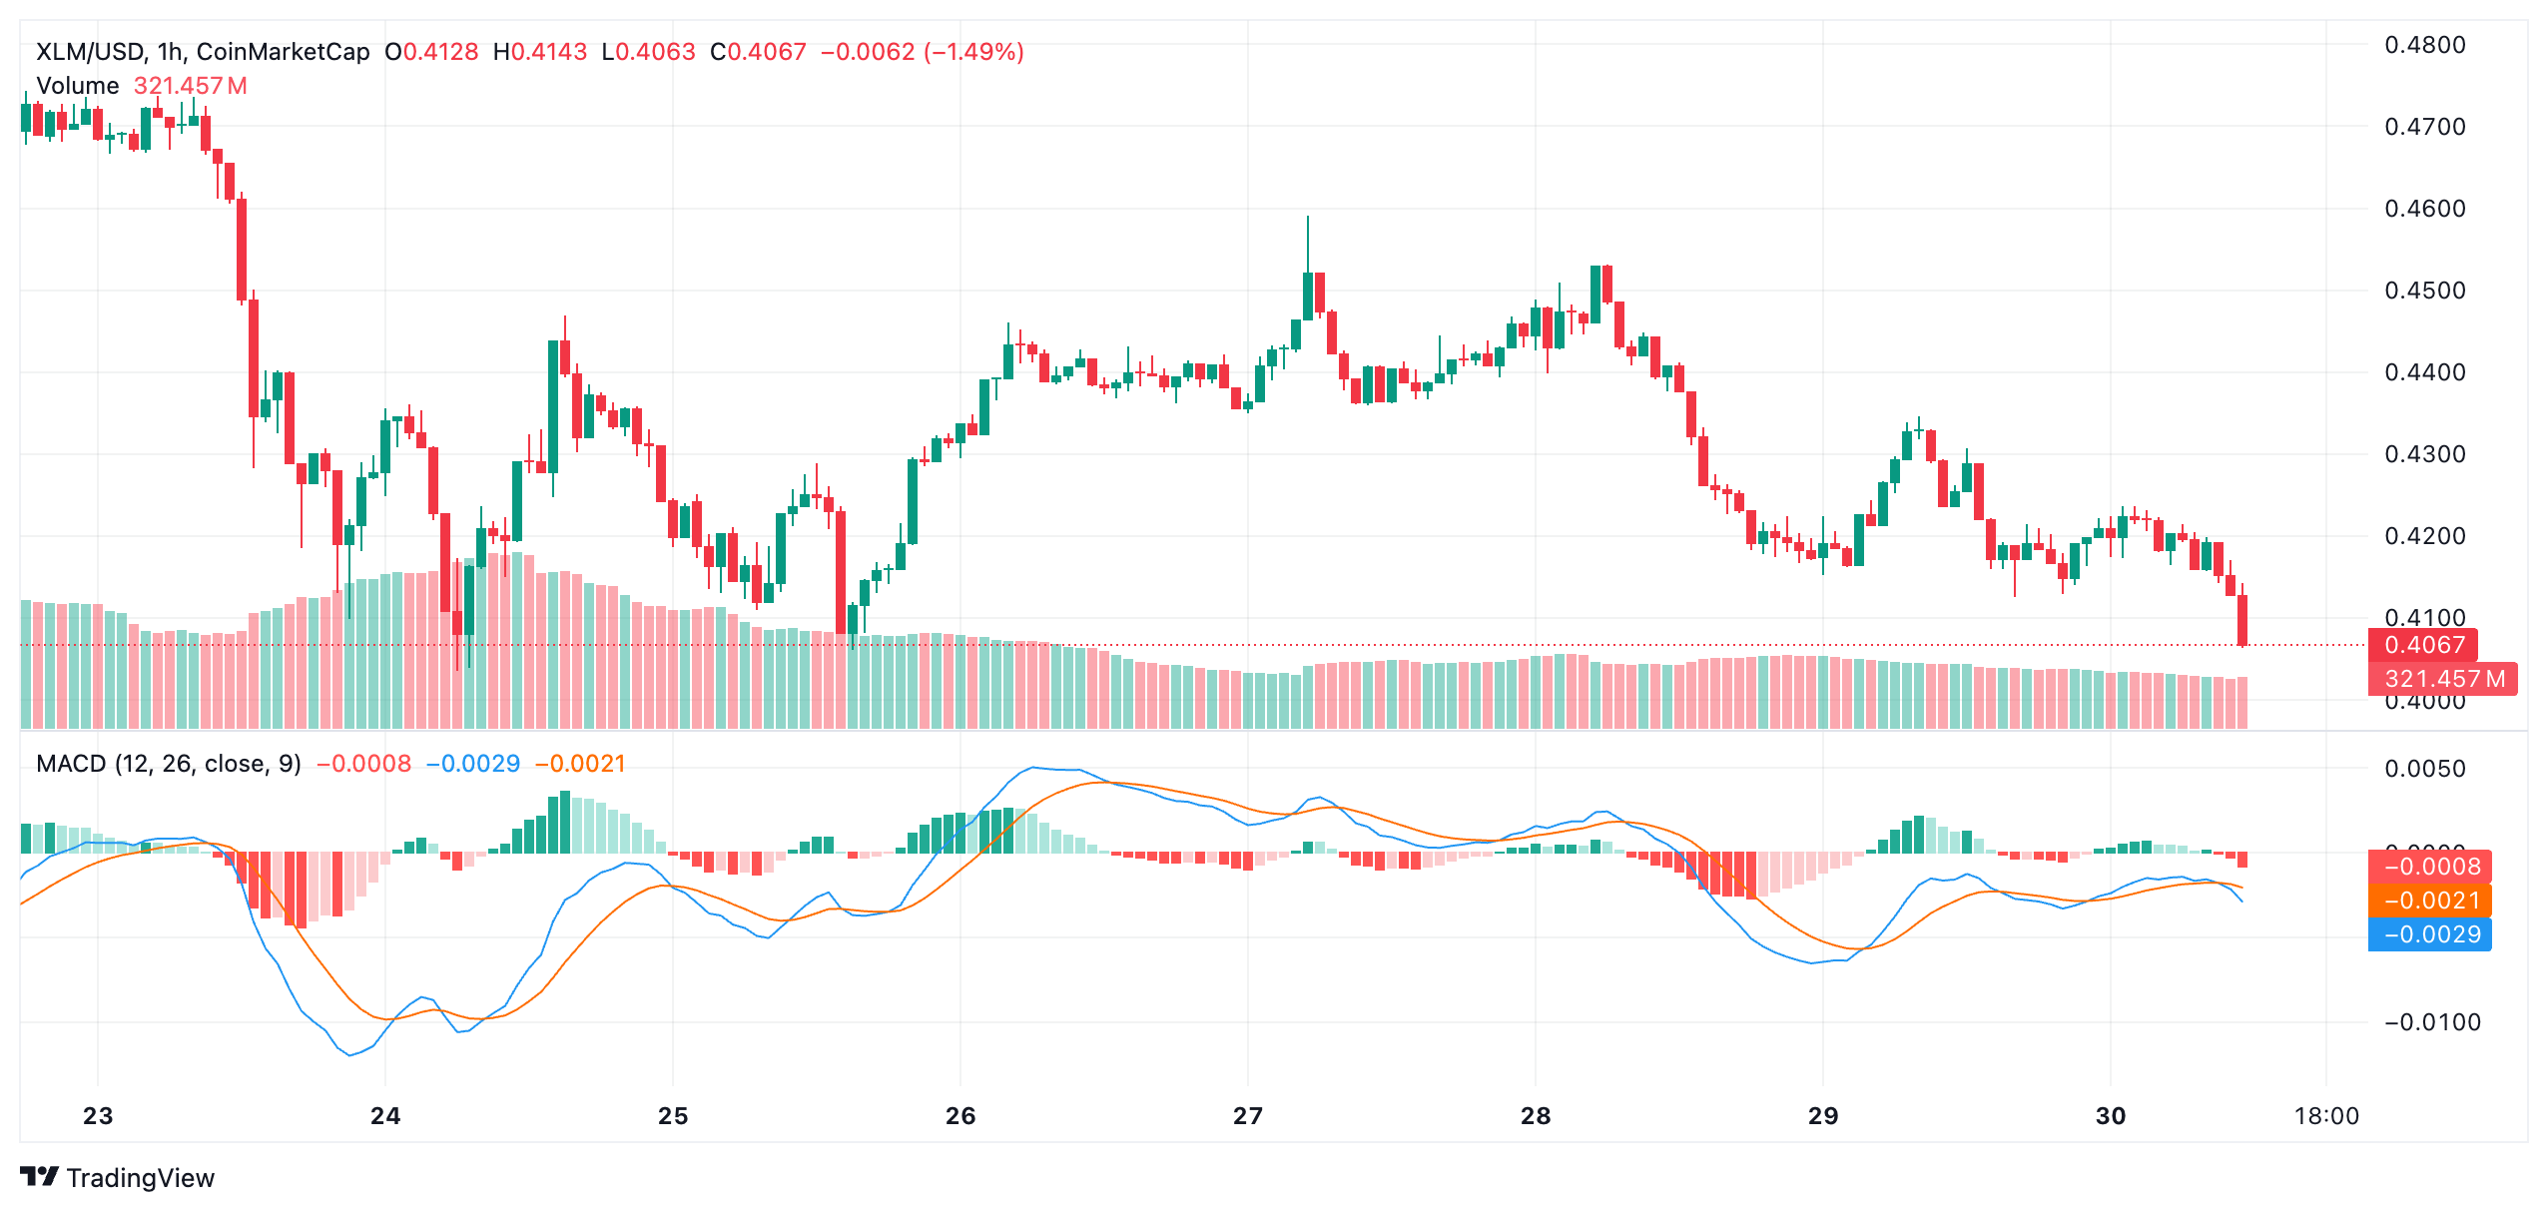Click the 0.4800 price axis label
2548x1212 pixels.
pyautogui.click(x=2424, y=45)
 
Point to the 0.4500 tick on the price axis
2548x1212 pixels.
pyautogui.click(x=2424, y=291)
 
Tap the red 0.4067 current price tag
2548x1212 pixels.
pyautogui.click(x=2423, y=645)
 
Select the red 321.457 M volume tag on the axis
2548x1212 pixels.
pyautogui.click(x=2443, y=679)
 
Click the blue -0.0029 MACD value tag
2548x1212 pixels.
pyautogui.click(x=2430, y=934)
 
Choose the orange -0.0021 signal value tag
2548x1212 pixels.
pyautogui.click(x=2430, y=901)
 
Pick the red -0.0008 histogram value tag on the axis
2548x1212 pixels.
pyautogui.click(x=2430, y=867)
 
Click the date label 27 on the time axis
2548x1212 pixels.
pyautogui.click(x=1247, y=1116)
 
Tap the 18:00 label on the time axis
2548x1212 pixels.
pyautogui.click(x=2325, y=1116)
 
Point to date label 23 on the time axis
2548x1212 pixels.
pyautogui.click(x=98, y=1116)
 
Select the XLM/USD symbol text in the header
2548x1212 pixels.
pyautogui.click(x=91, y=52)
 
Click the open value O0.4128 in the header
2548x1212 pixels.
pyautogui.click(x=431, y=52)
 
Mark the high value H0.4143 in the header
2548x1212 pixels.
pyautogui.click(x=540, y=52)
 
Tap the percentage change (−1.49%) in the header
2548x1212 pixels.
pyautogui.click(x=973, y=52)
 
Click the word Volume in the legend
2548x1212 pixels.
pyautogui.click(x=77, y=86)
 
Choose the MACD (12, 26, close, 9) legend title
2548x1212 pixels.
pyautogui.click(x=168, y=764)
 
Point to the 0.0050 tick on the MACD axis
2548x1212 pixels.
pyautogui.click(x=2424, y=769)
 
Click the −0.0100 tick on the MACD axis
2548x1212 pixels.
pyautogui.click(x=2431, y=1022)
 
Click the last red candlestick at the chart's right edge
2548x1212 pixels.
pyautogui.click(x=2242, y=620)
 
